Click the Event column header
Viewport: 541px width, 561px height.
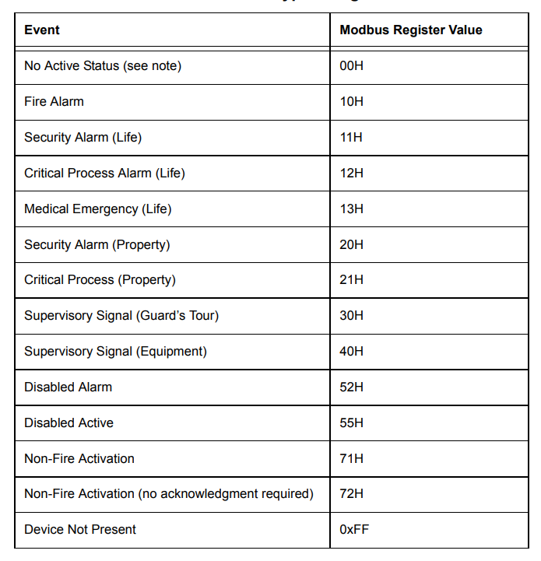pyautogui.click(x=42, y=30)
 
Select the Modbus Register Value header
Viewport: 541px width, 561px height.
pyautogui.click(x=411, y=30)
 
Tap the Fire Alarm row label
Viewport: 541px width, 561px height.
pyautogui.click(x=54, y=101)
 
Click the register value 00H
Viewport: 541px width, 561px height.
pyautogui.click(x=352, y=66)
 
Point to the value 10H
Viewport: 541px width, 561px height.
pyautogui.click(x=352, y=101)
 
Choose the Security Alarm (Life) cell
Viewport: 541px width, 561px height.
pyautogui.click(x=83, y=138)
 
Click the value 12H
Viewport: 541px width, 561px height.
pyautogui.click(x=352, y=173)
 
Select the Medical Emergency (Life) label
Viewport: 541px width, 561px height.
pyautogui.click(x=97, y=209)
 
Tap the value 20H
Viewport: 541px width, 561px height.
pyautogui.click(x=352, y=244)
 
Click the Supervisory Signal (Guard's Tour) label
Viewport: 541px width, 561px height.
pyautogui.click(x=121, y=315)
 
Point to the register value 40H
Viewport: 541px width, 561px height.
pyautogui.click(x=352, y=351)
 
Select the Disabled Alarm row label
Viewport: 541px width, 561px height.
pyautogui.click(x=68, y=387)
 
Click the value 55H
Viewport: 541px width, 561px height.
pyautogui.click(x=352, y=423)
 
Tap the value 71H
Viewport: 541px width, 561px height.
pyautogui.click(x=352, y=458)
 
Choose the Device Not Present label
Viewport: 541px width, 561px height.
pyautogui.click(x=80, y=529)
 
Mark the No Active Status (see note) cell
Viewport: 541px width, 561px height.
pyautogui.click(x=103, y=66)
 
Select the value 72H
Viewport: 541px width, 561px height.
pyautogui.click(x=352, y=493)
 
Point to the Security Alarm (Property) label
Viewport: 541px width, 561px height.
pyautogui.click(x=97, y=244)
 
